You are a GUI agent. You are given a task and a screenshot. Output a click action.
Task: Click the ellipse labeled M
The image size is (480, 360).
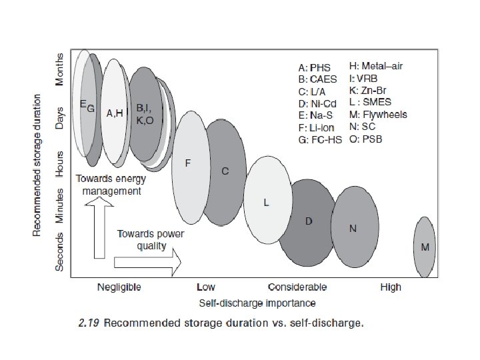click(425, 247)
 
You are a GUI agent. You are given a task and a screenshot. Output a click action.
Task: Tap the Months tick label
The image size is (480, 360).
click(59, 69)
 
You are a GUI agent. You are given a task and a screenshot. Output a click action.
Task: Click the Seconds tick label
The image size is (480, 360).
click(59, 251)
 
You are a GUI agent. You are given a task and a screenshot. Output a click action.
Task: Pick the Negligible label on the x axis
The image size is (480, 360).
click(119, 287)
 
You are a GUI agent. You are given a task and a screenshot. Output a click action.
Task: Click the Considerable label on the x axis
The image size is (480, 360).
click(297, 287)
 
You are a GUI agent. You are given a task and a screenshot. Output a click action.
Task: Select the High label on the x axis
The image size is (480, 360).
click(391, 287)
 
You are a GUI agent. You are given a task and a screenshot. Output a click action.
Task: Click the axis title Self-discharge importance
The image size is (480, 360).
click(258, 303)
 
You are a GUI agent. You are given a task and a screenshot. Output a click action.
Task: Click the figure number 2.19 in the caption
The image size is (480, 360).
click(89, 324)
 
